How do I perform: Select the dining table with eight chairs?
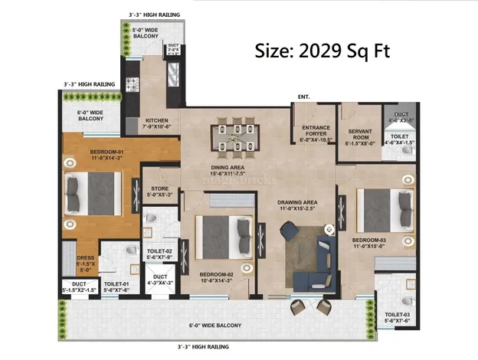point(234,136)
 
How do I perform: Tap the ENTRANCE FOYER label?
point(316,133)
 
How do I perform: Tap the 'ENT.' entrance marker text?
point(304,97)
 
